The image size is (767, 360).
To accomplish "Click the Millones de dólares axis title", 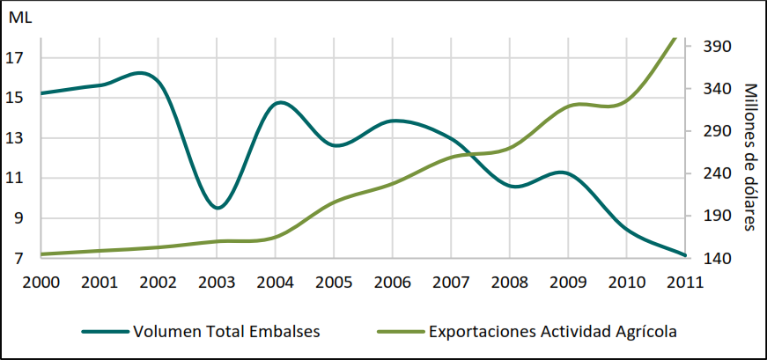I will click(750, 157).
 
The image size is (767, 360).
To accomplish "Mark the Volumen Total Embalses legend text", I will click(226, 332).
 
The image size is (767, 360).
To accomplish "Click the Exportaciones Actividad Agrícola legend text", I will click(552, 332).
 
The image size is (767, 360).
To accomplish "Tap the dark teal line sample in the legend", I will click(106, 332).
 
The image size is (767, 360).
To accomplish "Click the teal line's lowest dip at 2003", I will click(218, 208).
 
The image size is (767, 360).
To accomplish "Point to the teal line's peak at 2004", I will click(280, 102).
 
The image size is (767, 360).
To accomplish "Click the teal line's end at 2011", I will click(684, 255).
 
